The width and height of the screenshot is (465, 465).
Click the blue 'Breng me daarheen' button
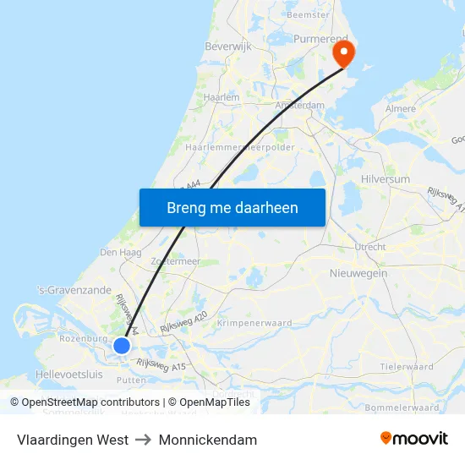(232, 207)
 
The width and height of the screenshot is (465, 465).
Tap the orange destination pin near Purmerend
(344, 54)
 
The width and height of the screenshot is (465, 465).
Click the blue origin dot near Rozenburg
(121, 345)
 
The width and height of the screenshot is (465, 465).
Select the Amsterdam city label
(300, 106)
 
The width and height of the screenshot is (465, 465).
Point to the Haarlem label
(222, 98)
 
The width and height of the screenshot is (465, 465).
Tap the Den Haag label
(119, 252)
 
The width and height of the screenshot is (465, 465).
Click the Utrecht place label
(369, 247)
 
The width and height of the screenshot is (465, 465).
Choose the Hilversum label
(385, 179)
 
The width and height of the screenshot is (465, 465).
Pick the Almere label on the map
(401, 109)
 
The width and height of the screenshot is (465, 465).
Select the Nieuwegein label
(358, 273)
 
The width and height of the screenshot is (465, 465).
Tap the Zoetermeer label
(175, 262)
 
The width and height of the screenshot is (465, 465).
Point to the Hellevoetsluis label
(69, 374)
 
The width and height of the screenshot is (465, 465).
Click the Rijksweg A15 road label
(161, 364)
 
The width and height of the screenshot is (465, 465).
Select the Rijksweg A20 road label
(183, 321)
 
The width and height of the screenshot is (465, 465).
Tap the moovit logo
(413, 439)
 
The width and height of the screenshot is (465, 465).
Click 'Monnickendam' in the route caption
(208, 440)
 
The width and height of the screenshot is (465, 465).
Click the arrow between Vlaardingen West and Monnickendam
(144, 440)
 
